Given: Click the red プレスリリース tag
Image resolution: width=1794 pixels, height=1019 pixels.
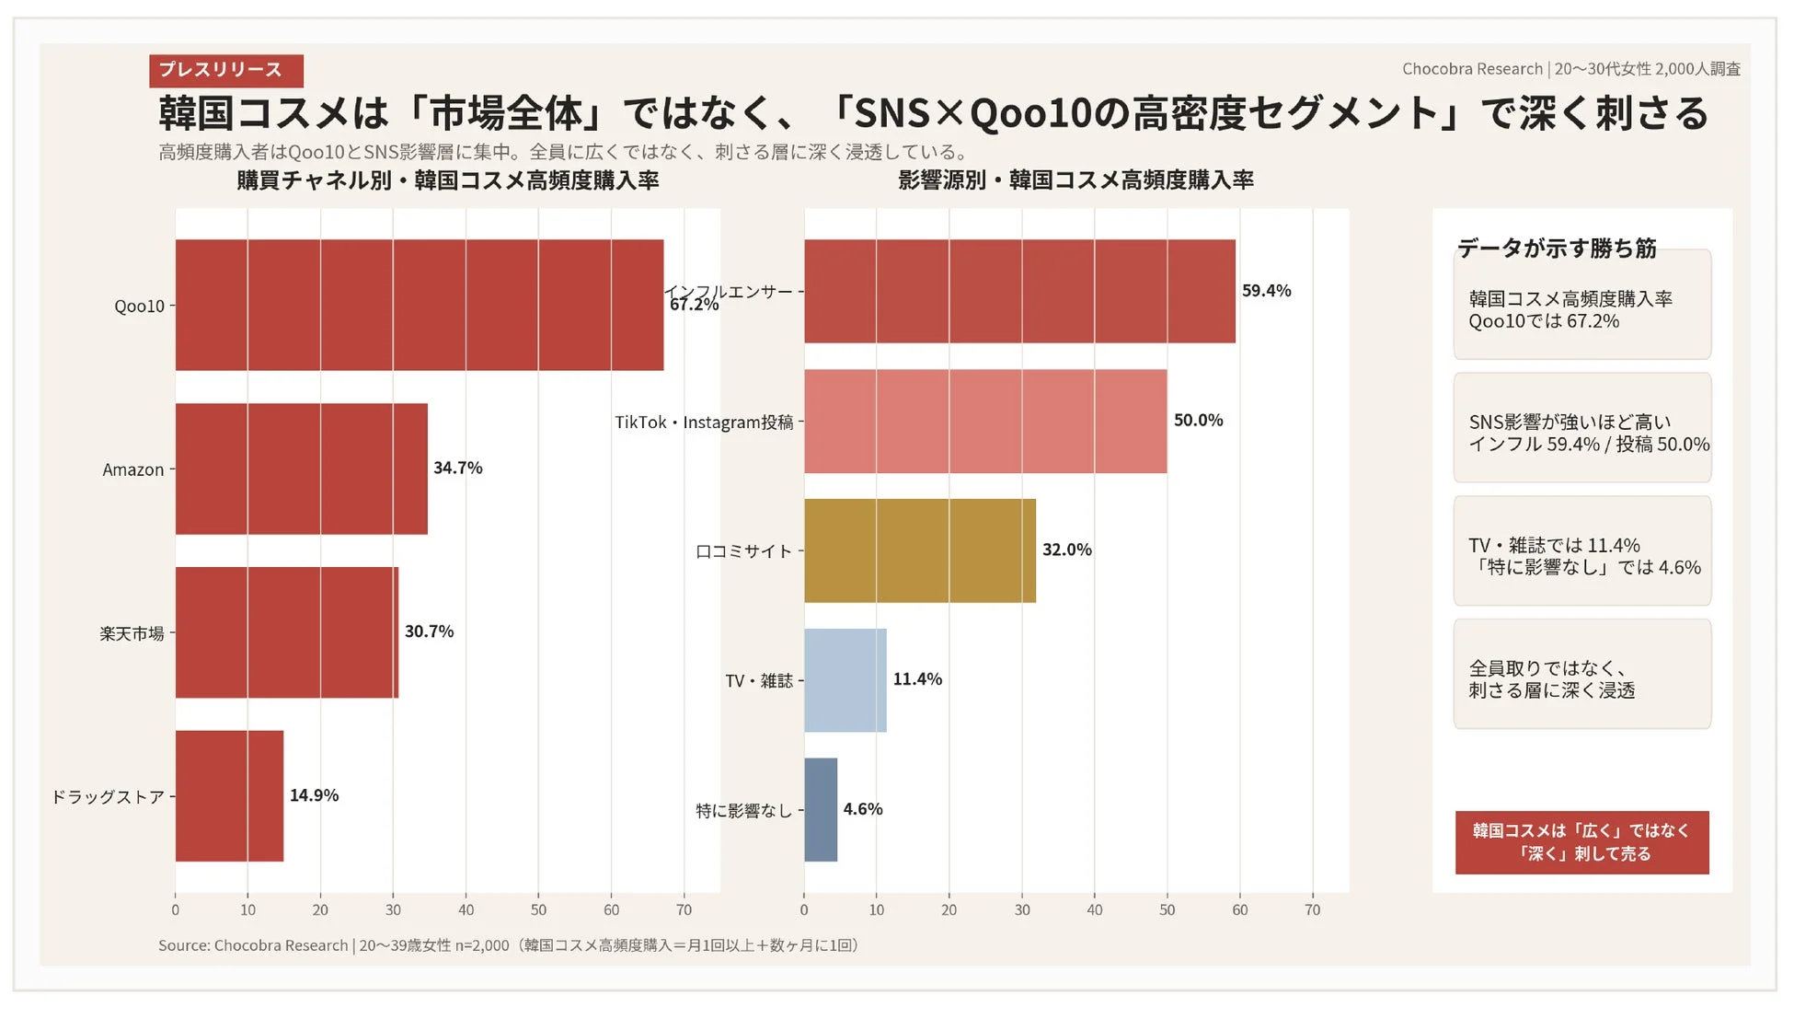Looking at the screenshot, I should coord(225,70).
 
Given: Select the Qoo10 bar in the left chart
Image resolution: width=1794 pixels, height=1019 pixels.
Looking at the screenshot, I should coord(419,305).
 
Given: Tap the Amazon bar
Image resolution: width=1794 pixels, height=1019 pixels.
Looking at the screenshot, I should coord(301,469).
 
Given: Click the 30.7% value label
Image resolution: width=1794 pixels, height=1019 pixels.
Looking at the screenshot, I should coord(429,631).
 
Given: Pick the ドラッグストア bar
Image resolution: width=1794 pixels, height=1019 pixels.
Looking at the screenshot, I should coord(229,795).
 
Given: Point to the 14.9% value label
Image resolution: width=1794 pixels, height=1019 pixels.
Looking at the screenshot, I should coord(314,795).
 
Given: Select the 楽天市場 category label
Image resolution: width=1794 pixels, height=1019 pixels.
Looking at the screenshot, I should coord(132,633).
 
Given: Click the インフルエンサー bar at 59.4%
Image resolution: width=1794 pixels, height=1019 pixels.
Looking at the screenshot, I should coord(1018,291).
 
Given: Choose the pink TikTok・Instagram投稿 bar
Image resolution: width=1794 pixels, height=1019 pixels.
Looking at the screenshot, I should coord(984,421).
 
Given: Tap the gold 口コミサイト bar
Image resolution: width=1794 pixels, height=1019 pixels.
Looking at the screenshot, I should coord(919,550).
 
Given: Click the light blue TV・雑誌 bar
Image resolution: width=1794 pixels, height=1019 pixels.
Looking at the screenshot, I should coord(845,680).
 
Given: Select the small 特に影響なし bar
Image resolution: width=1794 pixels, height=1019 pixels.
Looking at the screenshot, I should coord(820,809).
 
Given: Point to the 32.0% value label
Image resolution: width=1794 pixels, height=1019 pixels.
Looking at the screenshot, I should coord(1066,550).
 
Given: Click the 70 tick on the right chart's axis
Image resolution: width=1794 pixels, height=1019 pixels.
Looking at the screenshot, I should coord(1312,909).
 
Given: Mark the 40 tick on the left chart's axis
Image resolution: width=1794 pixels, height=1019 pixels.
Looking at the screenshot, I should coord(466,909).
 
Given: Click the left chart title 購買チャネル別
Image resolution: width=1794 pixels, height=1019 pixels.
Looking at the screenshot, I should coord(447,180).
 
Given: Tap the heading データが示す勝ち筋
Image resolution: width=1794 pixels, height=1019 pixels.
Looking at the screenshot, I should coord(1556,248).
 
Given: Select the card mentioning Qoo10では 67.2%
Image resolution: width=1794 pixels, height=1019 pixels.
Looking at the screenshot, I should coord(1581,308).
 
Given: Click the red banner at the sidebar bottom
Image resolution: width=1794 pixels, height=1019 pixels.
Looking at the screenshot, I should coord(1581,841).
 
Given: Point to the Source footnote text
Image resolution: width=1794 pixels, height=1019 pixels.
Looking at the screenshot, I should coord(508,945).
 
